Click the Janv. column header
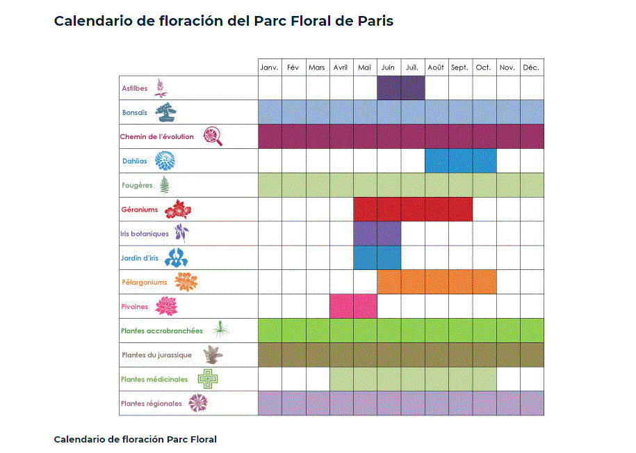[x=270, y=67]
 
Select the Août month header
[x=436, y=67]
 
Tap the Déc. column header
[x=532, y=67]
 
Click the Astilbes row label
[x=135, y=88]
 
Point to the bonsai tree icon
[x=165, y=112]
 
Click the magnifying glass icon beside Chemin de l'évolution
[x=213, y=136]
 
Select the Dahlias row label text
[x=135, y=161]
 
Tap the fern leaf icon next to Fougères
[x=165, y=185]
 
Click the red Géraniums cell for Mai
[x=365, y=209]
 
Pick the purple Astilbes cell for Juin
[x=389, y=88]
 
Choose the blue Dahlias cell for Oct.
[x=484, y=161]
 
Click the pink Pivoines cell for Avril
[x=341, y=305]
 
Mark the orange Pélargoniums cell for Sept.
[x=460, y=282]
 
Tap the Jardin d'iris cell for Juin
[x=389, y=257]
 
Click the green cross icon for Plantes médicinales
[x=207, y=379]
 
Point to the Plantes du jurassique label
[x=156, y=355]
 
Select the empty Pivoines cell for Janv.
[x=270, y=305]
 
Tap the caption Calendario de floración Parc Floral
[x=135, y=439]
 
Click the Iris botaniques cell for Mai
[x=365, y=233]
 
